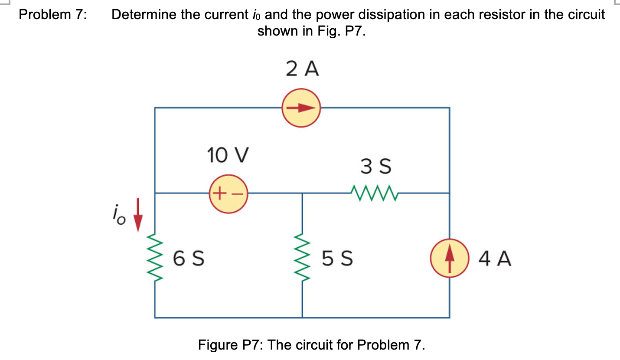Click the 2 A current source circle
301,108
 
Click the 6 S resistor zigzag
155,259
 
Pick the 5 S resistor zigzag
302,259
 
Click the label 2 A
302,69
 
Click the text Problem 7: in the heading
53,15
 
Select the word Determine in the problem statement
144,15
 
